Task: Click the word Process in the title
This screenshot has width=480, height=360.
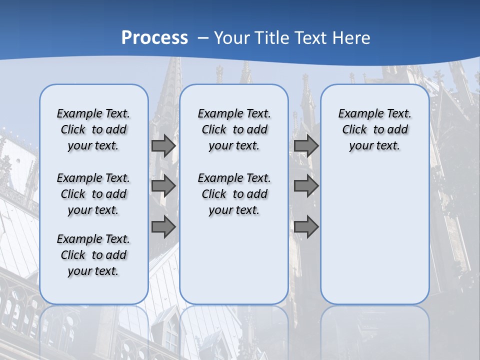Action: pos(154,37)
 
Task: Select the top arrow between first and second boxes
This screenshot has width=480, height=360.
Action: pos(163,146)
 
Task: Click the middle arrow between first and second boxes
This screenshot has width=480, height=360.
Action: pos(163,186)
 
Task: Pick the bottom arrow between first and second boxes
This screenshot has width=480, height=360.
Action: pos(163,227)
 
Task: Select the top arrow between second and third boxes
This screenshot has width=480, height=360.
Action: pos(306,146)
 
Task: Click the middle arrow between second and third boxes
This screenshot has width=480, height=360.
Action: pos(306,186)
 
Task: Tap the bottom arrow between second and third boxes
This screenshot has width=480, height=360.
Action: pos(306,227)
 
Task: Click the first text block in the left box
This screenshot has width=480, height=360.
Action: pos(93,129)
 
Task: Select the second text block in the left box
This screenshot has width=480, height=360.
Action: pos(93,194)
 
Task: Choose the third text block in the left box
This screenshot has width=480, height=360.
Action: pos(93,255)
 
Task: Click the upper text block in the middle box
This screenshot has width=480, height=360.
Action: pos(234,129)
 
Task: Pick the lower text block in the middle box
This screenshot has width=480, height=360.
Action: pos(234,194)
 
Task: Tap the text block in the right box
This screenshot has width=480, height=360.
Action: pos(374,129)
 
